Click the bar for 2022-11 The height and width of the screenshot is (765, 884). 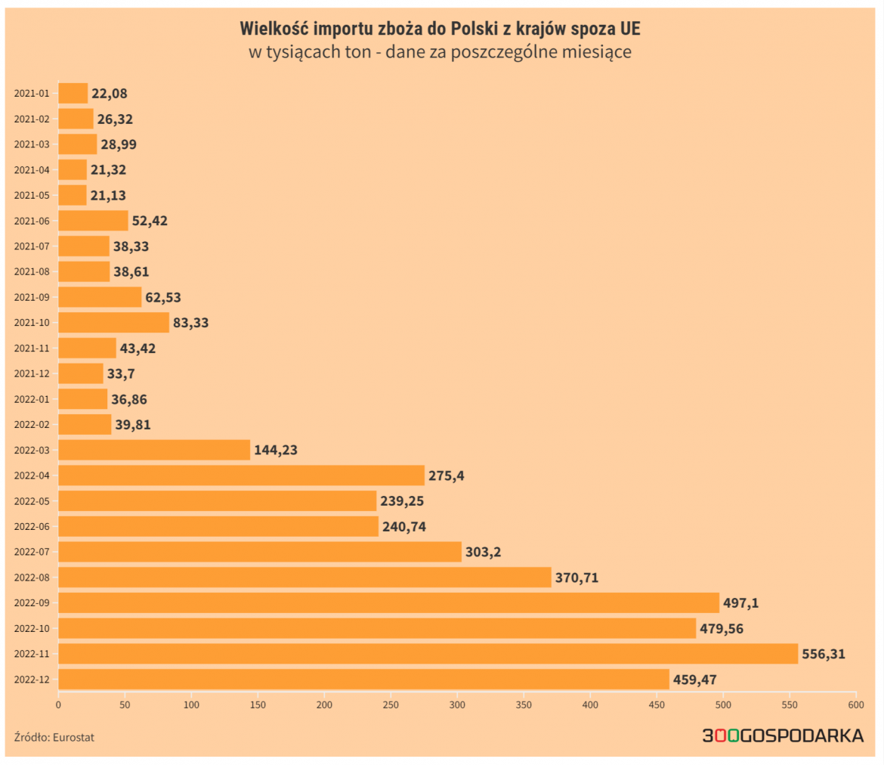[x=428, y=654]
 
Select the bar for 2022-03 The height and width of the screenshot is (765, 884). [x=154, y=450]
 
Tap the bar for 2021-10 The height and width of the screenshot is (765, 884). [x=113, y=323]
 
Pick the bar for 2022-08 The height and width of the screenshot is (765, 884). [x=304, y=578]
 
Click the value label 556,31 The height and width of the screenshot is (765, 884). [x=824, y=654]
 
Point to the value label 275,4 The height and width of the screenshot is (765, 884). [x=447, y=475]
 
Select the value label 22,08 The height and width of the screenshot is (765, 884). [x=110, y=94]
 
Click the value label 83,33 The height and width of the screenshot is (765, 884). [x=190, y=323]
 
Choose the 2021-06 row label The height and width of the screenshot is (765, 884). [x=31, y=221]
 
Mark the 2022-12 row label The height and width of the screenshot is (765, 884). [x=31, y=680]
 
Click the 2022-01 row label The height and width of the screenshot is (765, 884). [x=31, y=399]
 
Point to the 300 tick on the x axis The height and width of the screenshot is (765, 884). [x=457, y=705]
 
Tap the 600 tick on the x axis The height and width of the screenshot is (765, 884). [x=856, y=705]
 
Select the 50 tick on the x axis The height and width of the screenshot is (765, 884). [x=125, y=705]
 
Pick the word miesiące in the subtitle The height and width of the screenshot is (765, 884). [x=595, y=53]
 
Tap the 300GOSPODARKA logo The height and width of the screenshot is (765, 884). [x=783, y=736]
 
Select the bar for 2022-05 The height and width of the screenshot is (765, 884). [x=217, y=501]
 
